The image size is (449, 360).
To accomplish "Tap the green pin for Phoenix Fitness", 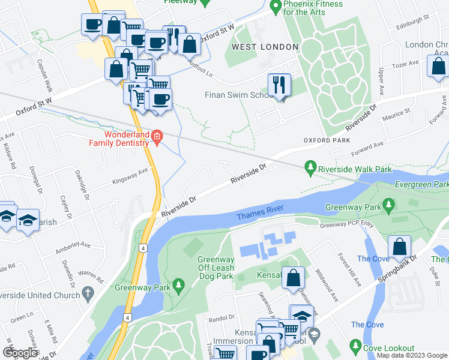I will click(x=276, y=7).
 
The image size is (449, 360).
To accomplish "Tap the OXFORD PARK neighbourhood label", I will click(x=326, y=140).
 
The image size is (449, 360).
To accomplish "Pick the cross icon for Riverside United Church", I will click(x=88, y=295).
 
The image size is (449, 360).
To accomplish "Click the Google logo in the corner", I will click(x=20, y=353).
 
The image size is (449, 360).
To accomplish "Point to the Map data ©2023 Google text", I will click(x=411, y=355).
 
